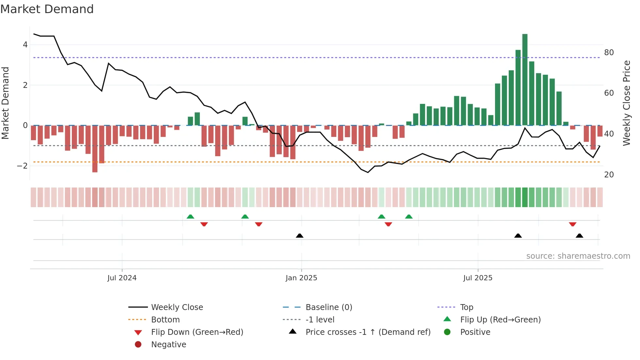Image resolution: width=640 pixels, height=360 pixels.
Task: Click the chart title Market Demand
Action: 47,9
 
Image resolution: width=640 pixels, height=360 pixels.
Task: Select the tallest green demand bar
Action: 525,79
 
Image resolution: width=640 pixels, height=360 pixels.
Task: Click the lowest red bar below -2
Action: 95,149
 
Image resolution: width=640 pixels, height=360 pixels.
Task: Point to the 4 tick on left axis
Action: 25,45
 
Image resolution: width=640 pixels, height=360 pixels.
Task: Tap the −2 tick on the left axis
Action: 22,166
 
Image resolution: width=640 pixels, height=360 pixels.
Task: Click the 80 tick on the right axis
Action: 609,53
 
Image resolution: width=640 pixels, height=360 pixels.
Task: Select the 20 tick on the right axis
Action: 609,175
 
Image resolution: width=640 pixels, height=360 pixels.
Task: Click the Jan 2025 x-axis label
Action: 301,278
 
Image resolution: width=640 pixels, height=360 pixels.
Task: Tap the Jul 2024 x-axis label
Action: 122,278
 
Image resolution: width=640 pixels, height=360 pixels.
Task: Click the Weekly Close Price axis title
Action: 626,103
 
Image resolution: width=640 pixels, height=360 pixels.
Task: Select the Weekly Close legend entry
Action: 177,307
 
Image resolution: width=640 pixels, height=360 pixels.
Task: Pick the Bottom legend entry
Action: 165,320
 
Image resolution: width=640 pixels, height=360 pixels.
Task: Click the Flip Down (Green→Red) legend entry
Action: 197,332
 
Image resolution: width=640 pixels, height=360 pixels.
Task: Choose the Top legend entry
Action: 466,307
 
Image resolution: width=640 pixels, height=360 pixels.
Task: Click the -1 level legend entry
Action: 320,320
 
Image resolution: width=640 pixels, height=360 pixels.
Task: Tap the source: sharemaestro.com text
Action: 578,256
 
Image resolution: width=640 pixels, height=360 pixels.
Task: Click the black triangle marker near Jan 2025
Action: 299,236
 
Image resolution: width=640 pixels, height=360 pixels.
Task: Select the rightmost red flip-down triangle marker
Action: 572,224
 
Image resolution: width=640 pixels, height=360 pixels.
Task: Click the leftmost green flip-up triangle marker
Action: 190,217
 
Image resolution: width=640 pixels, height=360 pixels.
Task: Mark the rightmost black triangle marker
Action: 579,236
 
